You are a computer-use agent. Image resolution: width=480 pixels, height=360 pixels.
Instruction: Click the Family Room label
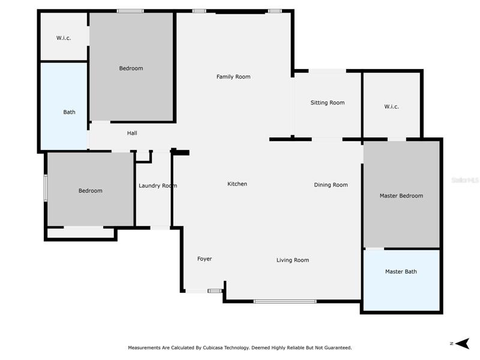coord(233,77)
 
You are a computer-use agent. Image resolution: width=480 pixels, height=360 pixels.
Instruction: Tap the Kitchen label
coord(237,184)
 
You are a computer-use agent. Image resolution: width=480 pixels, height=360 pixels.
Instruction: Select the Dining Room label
coord(331,185)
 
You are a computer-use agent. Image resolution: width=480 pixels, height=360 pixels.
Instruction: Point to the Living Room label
coord(293,260)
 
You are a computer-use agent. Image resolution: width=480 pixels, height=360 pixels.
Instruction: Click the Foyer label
coord(205,259)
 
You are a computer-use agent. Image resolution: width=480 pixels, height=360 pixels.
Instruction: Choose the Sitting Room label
coord(328,103)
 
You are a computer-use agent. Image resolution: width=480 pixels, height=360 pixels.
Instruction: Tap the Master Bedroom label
coord(401,196)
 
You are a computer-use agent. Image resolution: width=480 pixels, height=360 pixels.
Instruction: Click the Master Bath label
coord(401,272)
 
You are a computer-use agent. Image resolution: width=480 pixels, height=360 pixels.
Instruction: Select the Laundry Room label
coord(158,186)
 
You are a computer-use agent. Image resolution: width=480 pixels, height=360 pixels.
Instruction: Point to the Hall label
coord(132,133)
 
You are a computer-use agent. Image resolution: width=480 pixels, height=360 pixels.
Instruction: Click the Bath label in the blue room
coord(69,112)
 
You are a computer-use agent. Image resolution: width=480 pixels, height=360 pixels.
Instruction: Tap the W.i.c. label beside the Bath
coord(64,38)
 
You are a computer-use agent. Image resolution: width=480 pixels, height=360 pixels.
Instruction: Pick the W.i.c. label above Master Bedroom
coord(392,107)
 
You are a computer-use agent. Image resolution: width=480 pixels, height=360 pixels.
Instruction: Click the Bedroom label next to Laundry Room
coord(91,191)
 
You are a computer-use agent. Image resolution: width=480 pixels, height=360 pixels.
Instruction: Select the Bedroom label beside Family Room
coord(131,68)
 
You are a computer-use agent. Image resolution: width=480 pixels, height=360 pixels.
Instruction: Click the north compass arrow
coord(462,343)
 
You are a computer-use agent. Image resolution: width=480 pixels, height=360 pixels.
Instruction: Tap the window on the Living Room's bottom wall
coord(285,302)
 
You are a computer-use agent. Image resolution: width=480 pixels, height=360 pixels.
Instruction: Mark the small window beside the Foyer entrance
coord(215,291)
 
